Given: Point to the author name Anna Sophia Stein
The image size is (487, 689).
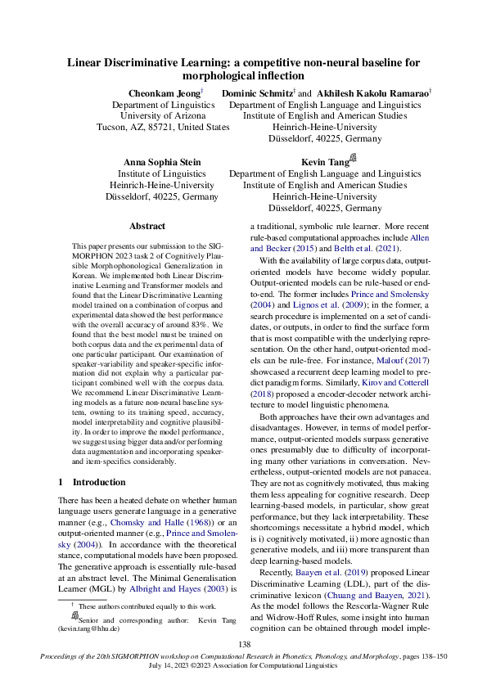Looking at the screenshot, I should (x=162, y=162).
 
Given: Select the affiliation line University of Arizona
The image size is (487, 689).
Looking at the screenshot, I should (x=163, y=116).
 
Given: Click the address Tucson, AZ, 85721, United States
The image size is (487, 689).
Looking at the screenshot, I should (x=163, y=128).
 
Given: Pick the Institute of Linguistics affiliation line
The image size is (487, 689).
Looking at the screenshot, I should (x=163, y=174).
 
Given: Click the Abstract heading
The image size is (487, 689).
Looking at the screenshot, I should (x=147, y=226).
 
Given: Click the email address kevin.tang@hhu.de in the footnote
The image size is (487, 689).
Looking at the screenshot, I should (x=88, y=628).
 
